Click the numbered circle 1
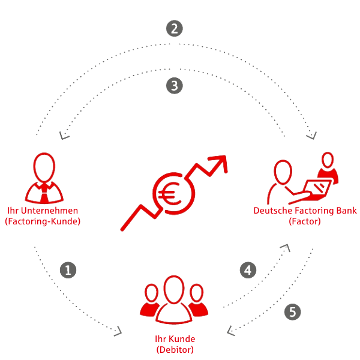coord(70,271)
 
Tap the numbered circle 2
coord(173,29)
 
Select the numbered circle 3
coord(173,86)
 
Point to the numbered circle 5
coord(292,311)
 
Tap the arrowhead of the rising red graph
coord(220,163)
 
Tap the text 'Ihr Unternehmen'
coord(42,211)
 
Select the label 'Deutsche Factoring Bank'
coord(305,211)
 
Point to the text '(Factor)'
coord(305,221)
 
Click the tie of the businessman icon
coord(43,193)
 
